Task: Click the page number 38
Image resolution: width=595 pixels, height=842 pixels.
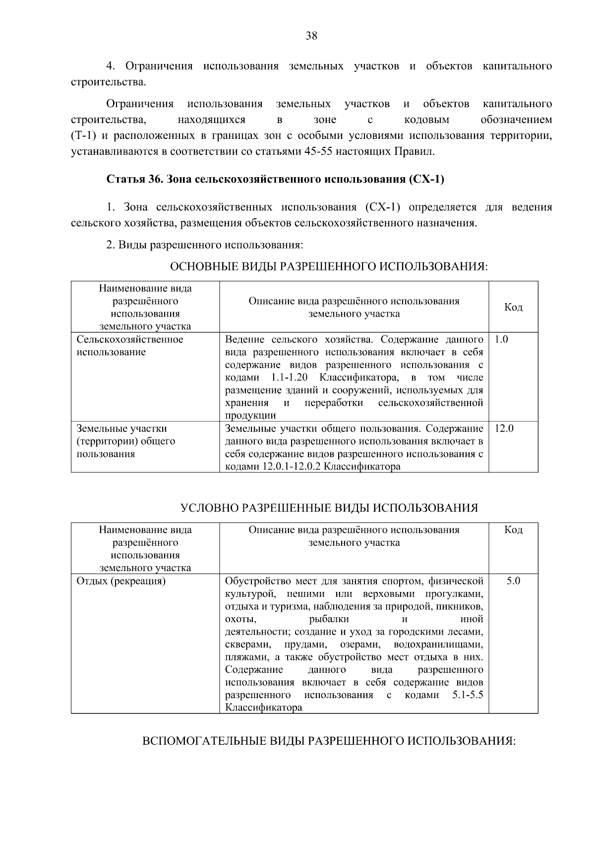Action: coord(311,36)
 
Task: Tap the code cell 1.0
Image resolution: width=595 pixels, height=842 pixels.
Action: coord(501,339)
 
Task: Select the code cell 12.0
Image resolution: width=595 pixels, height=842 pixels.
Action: coord(504,428)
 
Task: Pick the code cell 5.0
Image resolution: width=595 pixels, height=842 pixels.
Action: coord(513,581)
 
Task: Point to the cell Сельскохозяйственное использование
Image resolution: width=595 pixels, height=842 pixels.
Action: coord(129,346)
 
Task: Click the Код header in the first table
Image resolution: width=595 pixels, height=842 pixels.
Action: coord(513,308)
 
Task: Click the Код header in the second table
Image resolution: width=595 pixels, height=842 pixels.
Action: coord(513,530)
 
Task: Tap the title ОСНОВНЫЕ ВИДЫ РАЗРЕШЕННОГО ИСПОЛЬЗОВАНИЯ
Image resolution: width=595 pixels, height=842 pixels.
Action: coord(329,267)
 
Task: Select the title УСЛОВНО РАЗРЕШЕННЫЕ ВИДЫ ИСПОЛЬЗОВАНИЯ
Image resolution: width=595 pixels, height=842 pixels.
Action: coord(329,508)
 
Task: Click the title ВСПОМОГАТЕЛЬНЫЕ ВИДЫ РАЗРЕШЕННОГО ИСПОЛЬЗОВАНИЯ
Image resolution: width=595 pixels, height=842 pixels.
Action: coord(329,741)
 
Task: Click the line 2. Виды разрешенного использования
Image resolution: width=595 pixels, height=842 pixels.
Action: coord(204,245)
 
